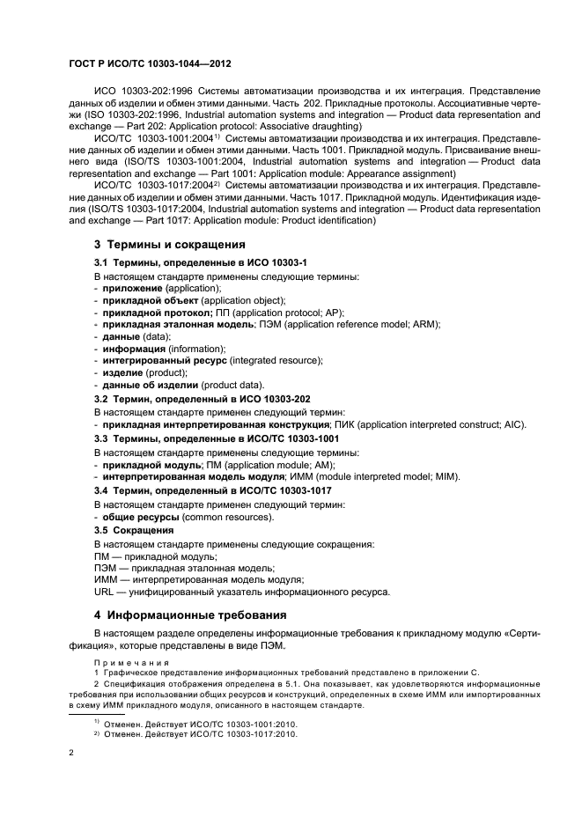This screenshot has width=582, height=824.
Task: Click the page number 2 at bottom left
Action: tap(71, 754)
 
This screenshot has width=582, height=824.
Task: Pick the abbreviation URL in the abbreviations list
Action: tap(104, 592)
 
